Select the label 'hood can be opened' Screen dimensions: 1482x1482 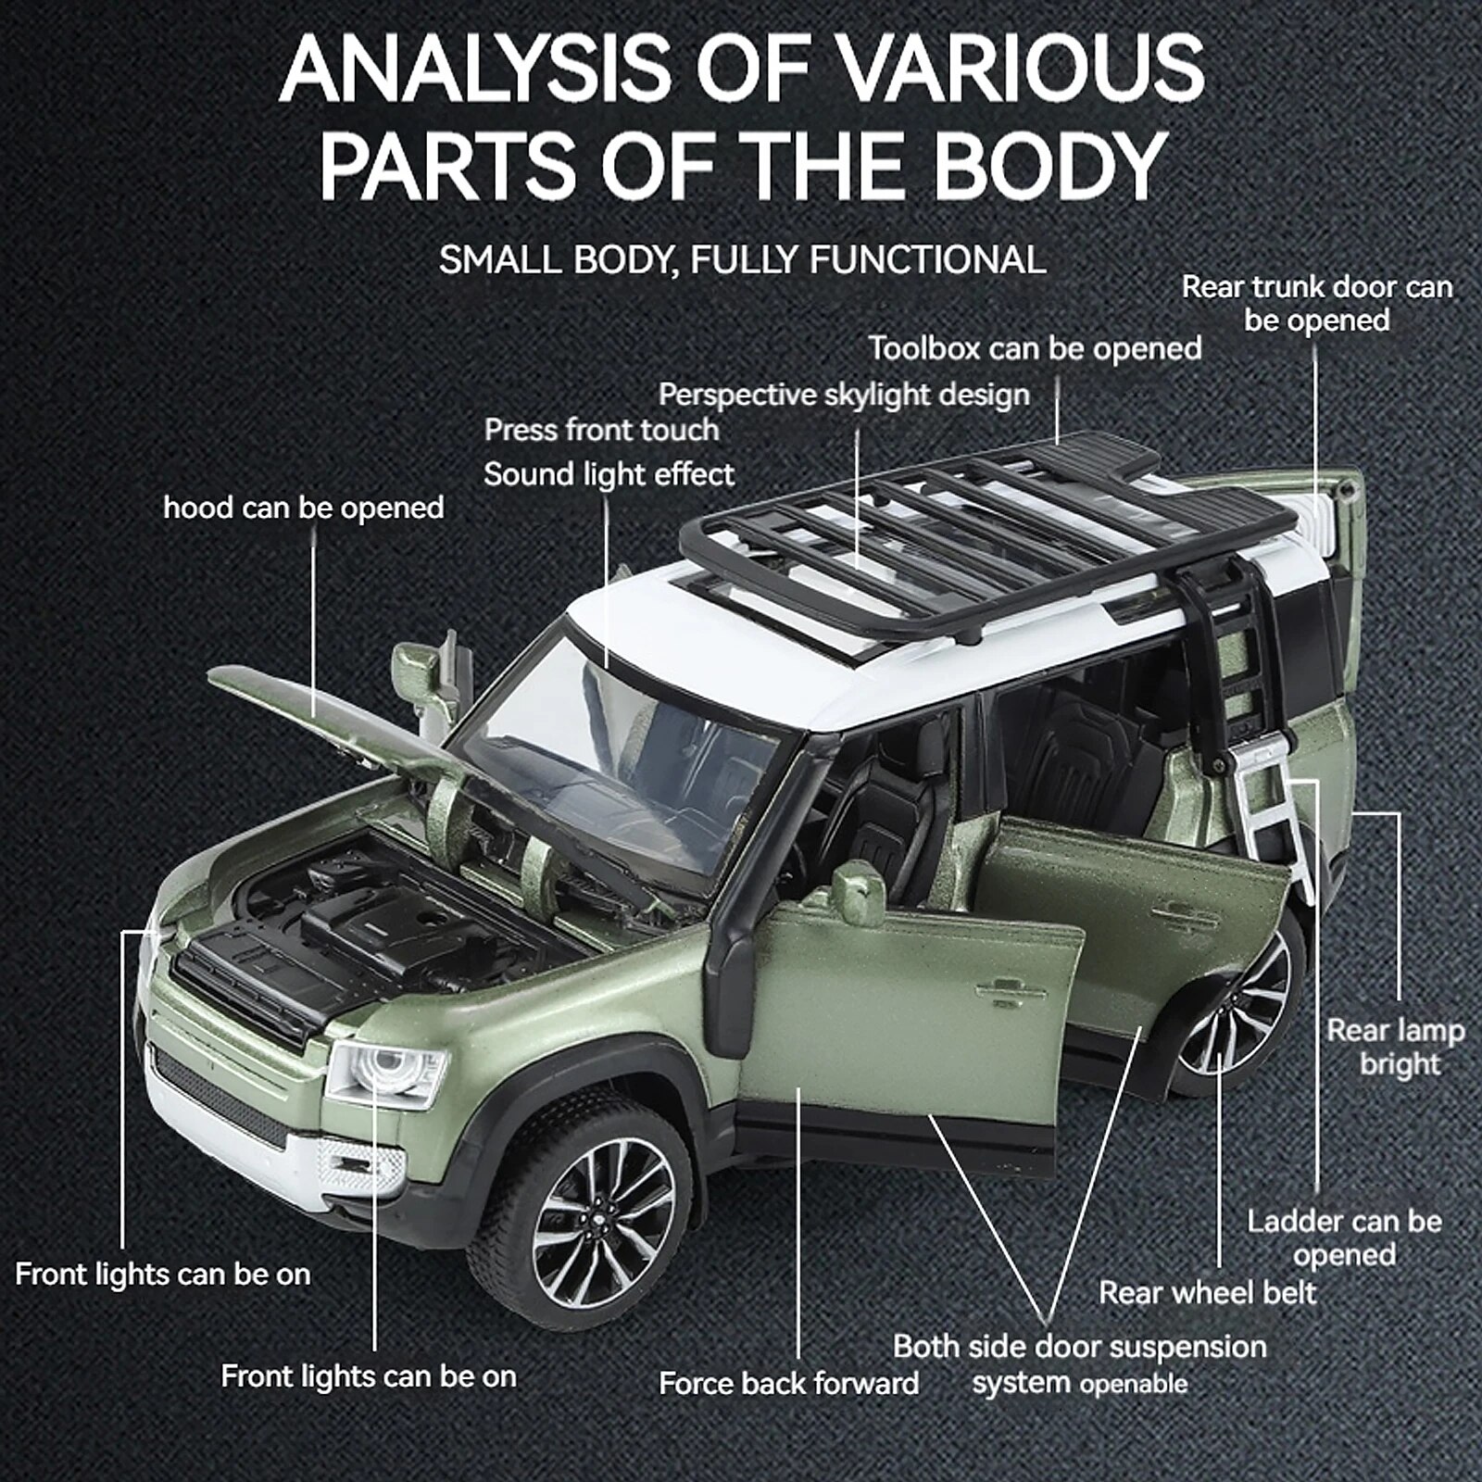click(x=303, y=509)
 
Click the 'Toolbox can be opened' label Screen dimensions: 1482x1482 click(x=1035, y=349)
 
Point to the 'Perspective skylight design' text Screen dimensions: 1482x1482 click(x=844, y=396)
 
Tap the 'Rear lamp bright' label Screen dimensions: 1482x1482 click(x=1395, y=1047)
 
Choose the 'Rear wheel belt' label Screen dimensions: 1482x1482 click(x=1207, y=1292)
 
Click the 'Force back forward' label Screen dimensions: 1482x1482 click(x=788, y=1384)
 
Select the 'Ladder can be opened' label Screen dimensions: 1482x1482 click(x=1344, y=1237)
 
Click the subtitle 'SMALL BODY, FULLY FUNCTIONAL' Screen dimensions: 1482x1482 click(x=742, y=260)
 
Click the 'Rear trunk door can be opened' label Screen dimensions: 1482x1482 click(x=1316, y=304)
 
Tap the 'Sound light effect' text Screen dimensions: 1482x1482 click(x=609, y=475)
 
